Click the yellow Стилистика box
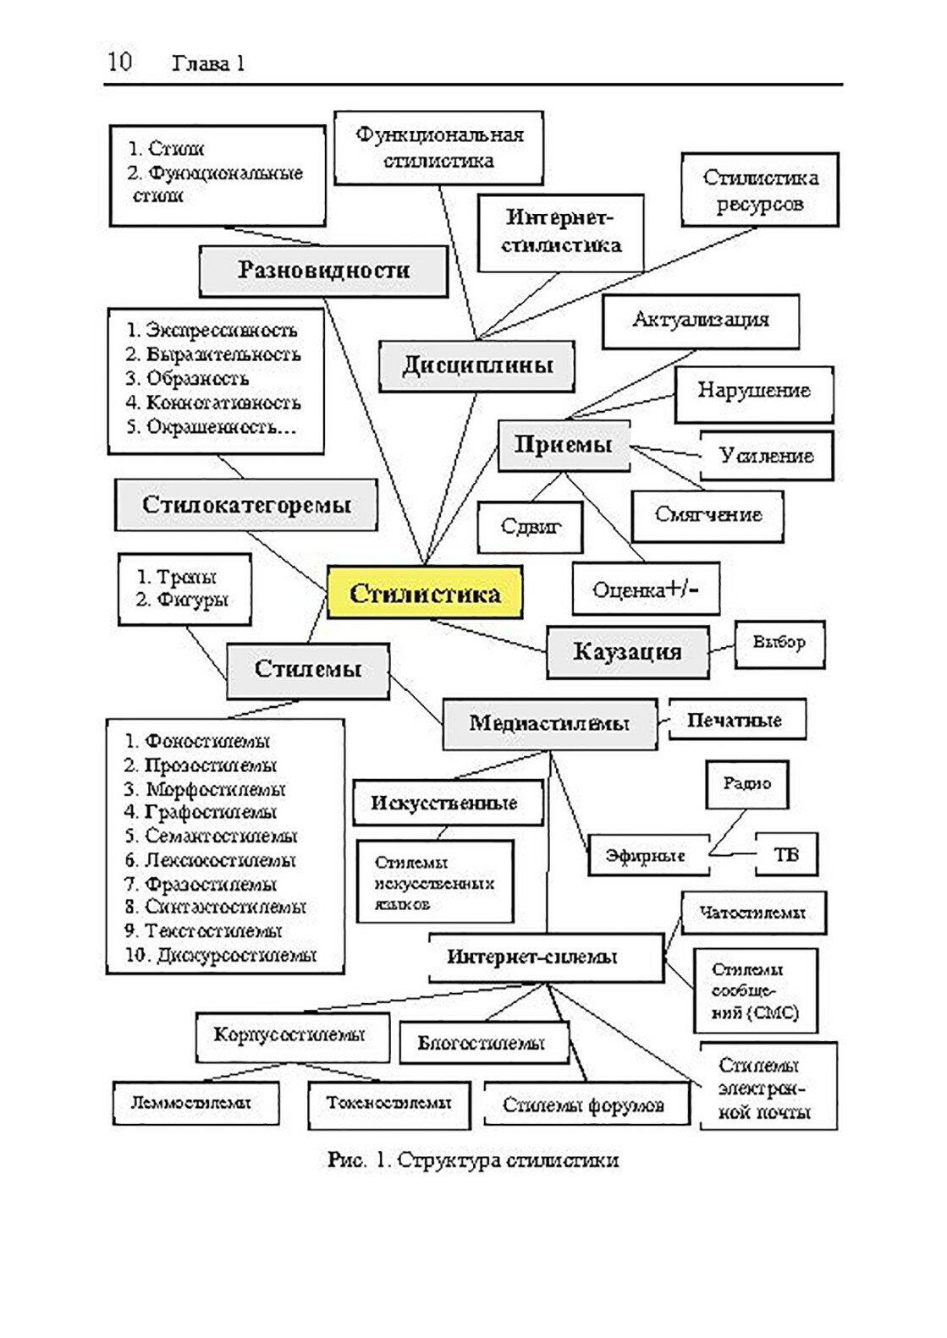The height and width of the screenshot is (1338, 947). tap(424, 592)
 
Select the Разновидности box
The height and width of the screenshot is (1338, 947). tap(323, 271)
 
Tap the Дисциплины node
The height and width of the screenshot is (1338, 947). tap(477, 365)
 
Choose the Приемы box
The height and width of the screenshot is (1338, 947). tap(563, 445)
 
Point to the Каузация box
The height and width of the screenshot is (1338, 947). tap(627, 651)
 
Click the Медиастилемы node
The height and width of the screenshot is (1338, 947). tap(549, 723)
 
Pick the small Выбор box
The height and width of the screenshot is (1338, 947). tap(779, 643)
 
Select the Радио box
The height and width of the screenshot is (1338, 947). tap(746, 784)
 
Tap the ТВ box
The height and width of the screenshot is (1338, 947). tap(786, 854)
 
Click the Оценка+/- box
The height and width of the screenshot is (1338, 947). tap(646, 589)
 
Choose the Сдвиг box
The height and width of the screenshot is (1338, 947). tap(530, 526)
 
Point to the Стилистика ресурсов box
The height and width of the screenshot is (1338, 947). tap(760, 190)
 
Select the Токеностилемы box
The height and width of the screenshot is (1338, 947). tap(389, 1104)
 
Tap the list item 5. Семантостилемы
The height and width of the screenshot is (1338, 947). tap(212, 836)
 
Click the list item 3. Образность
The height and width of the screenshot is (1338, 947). tap(188, 378)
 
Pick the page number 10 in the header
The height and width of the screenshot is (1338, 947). tap(119, 62)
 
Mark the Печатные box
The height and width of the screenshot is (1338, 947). tap(735, 721)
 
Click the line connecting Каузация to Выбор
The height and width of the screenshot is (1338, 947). tap(722, 648)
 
